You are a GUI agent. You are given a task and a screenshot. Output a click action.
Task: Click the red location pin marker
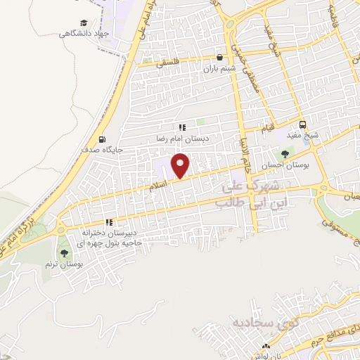tap(182, 166)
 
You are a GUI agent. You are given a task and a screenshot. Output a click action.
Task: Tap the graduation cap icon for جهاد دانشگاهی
tap(84, 23)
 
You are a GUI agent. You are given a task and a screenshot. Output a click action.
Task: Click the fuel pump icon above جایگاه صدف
tap(103, 139)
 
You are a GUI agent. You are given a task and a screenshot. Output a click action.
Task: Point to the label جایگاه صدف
tap(104, 149)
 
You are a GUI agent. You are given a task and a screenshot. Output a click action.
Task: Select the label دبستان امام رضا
tap(181, 139)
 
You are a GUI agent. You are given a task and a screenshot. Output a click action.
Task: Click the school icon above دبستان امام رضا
tap(182, 128)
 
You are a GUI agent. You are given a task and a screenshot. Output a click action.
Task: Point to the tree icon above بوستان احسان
tap(284, 154)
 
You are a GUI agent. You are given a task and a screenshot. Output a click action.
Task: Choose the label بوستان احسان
tap(285, 165)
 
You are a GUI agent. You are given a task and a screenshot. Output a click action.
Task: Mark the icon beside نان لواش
tap(266, 347)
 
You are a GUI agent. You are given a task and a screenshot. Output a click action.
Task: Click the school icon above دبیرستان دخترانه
tap(109, 222)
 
